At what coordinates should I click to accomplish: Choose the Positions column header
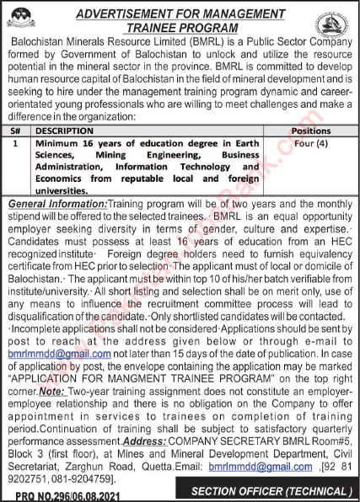point(311,131)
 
